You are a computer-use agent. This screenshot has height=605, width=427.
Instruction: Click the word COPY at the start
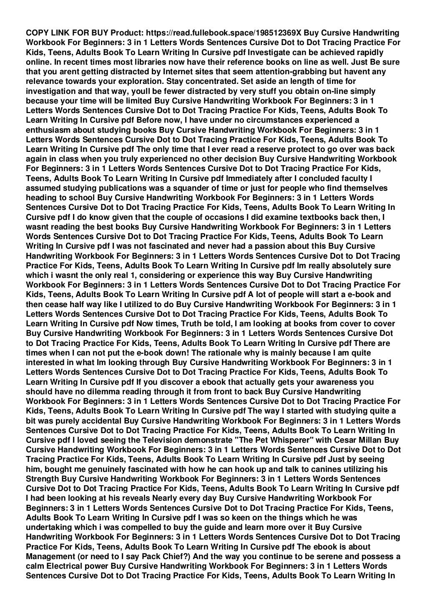[x=36, y=33]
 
